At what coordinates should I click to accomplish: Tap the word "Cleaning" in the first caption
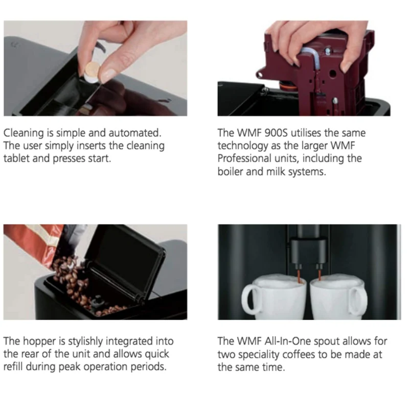pos(24,133)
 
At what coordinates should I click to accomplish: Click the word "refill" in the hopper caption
pos(13,367)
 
